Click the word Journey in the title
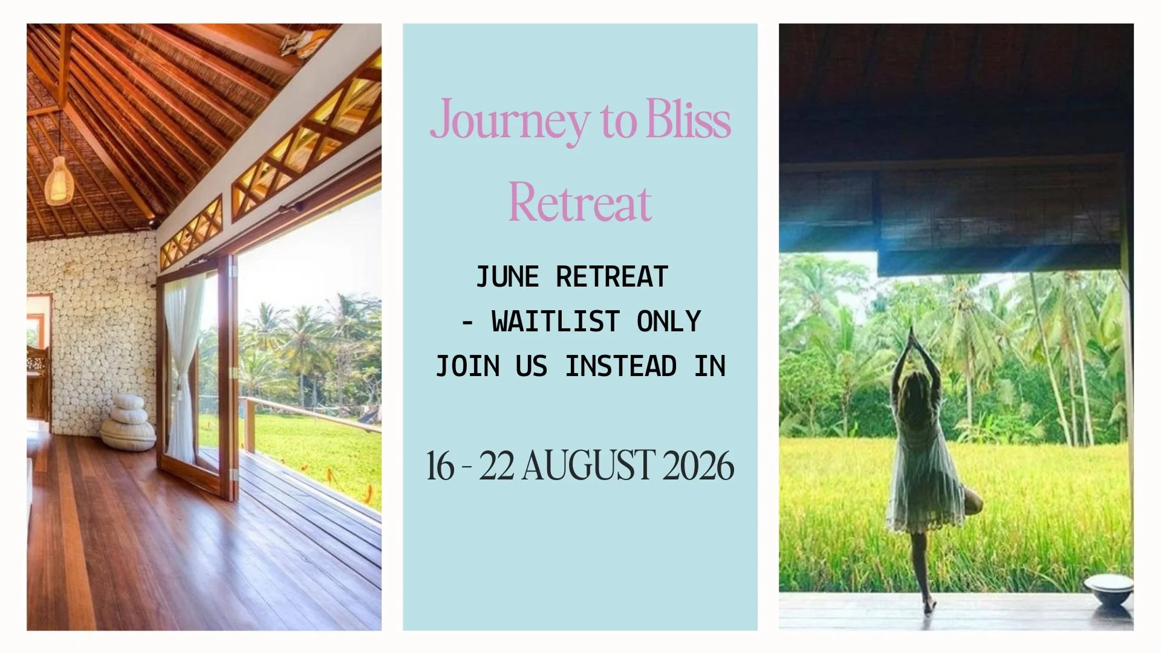(x=509, y=120)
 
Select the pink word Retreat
(x=579, y=203)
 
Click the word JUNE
(x=507, y=278)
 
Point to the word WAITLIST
(x=556, y=322)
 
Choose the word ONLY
(x=669, y=322)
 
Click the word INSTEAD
(x=621, y=366)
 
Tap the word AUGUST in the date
(x=588, y=466)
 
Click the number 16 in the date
(x=440, y=466)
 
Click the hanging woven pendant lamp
(x=59, y=180)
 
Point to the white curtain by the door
(x=183, y=363)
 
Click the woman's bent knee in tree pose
(x=974, y=501)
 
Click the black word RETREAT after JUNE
(x=612, y=278)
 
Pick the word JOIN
(x=467, y=366)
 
